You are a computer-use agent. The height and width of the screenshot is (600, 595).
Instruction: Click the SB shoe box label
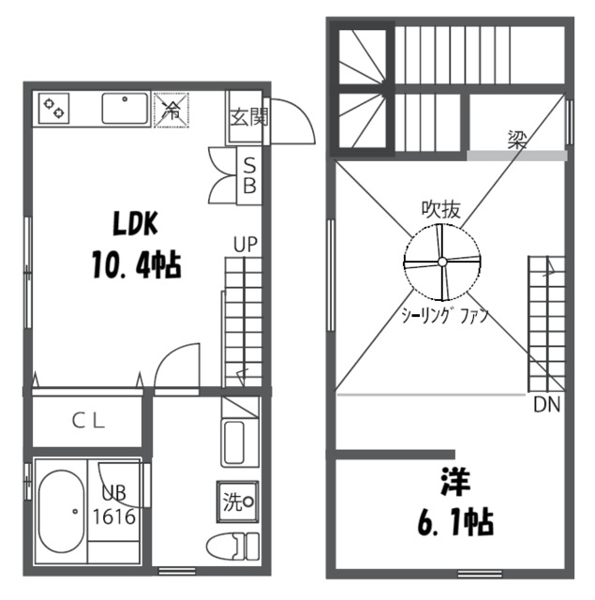250,175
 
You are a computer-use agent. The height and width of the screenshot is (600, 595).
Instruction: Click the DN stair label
547,405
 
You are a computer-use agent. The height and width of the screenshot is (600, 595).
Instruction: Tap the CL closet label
91,421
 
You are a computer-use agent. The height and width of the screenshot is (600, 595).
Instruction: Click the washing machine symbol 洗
237,500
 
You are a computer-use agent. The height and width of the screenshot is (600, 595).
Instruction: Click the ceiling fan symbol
440,263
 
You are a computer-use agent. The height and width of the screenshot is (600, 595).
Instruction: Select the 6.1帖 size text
453,522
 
